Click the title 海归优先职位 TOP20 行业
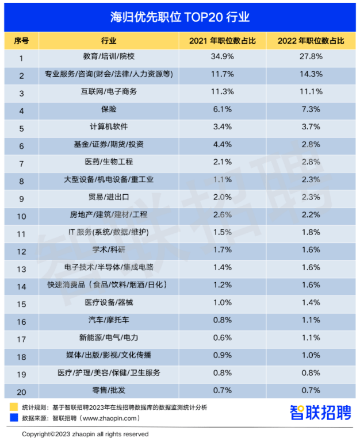coord(180,17)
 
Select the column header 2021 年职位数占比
coord(222,41)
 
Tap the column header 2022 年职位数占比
coord(311,41)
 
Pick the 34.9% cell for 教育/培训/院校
coord(222,57)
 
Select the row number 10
coord(21,216)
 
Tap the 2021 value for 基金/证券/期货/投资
coord(222,145)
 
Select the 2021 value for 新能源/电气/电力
coord(222,338)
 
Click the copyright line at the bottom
coord(85,434)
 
